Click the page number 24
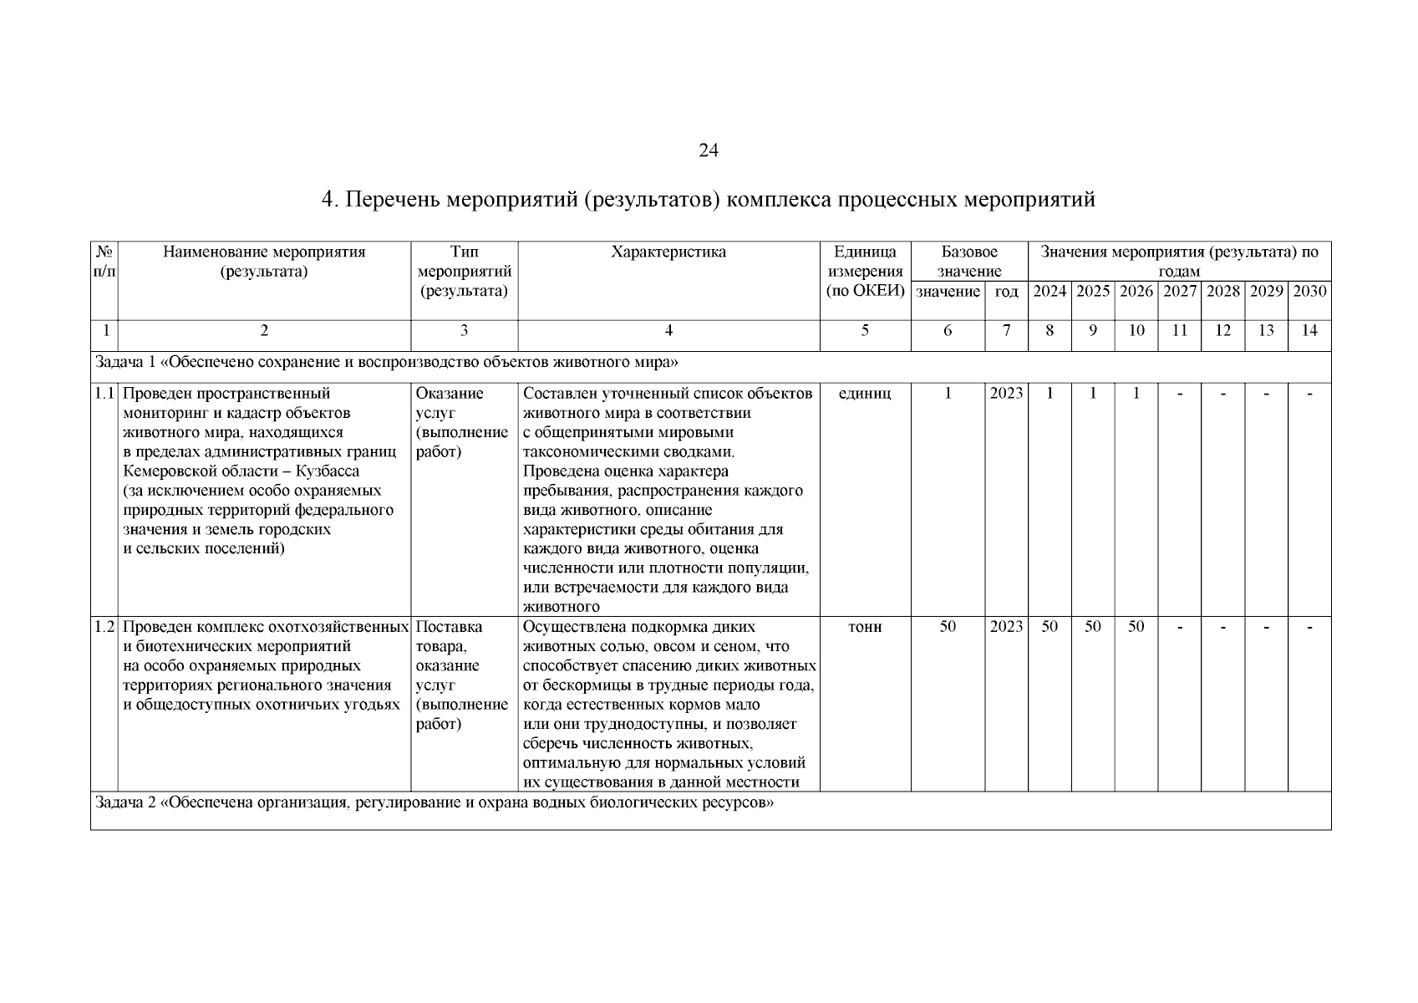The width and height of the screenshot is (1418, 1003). (x=708, y=150)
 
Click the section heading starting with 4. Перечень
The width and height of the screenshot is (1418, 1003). (x=708, y=201)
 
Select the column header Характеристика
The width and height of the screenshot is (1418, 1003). (x=668, y=252)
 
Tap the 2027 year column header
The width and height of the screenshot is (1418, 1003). (x=1179, y=292)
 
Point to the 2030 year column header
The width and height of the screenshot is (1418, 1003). (x=1309, y=292)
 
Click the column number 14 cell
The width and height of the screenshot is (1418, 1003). (x=1309, y=331)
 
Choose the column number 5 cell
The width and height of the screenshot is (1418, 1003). (x=865, y=331)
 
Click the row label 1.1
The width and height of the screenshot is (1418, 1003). (x=104, y=394)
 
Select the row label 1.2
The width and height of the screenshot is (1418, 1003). (x=104, y=627)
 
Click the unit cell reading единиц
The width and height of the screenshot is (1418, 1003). (x=865, y=394)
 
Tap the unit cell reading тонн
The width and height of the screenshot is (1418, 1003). (x=865, y=627)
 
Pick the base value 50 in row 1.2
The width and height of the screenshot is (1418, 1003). (x=948, y=627)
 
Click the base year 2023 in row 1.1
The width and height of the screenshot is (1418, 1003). (x=1006, y=394)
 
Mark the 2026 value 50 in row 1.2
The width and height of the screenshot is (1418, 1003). (x=1136, y=627)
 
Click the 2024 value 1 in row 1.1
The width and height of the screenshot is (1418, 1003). (x=1050, y=394)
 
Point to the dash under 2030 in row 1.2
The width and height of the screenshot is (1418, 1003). (x=1309, y=627)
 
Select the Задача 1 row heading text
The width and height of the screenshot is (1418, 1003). (x=386, y=363)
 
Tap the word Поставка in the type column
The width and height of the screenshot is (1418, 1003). (x=449, y=627)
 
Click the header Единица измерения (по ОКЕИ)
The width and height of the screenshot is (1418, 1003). (x=865, y=272)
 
